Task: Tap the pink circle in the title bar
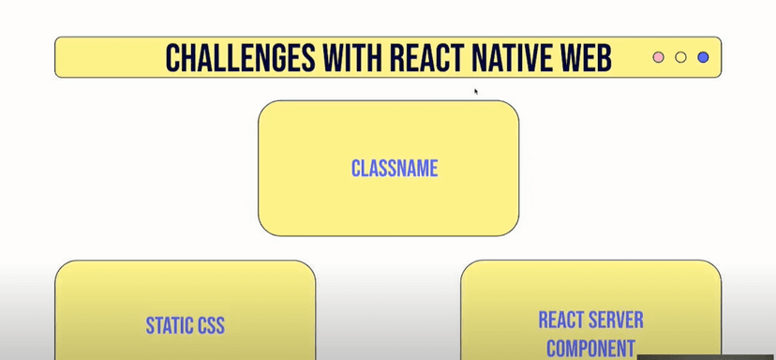click(658, 57)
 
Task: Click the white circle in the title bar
click(680, 57)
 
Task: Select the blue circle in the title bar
click(703, 57)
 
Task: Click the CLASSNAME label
click(395, 169)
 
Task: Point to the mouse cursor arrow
click(476, 91)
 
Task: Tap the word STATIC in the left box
click(170, 326)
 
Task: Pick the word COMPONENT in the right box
click(590, 348)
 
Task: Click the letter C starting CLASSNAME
click(355, 169)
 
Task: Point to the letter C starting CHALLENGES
click(173, 57)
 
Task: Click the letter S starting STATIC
click(149, 326)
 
